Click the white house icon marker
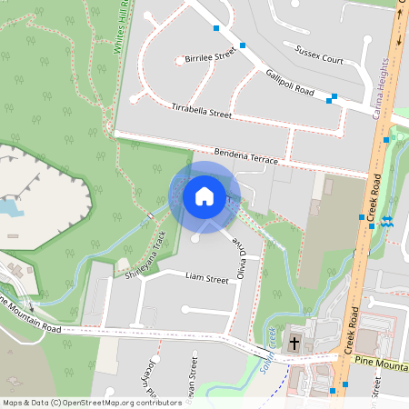tap(204, 196)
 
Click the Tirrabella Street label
tap(202, 112)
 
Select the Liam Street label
tap(206, 278)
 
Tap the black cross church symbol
tap(294, 344)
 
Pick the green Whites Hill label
tap(125, 27)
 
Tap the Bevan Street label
tap(193, 382)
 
